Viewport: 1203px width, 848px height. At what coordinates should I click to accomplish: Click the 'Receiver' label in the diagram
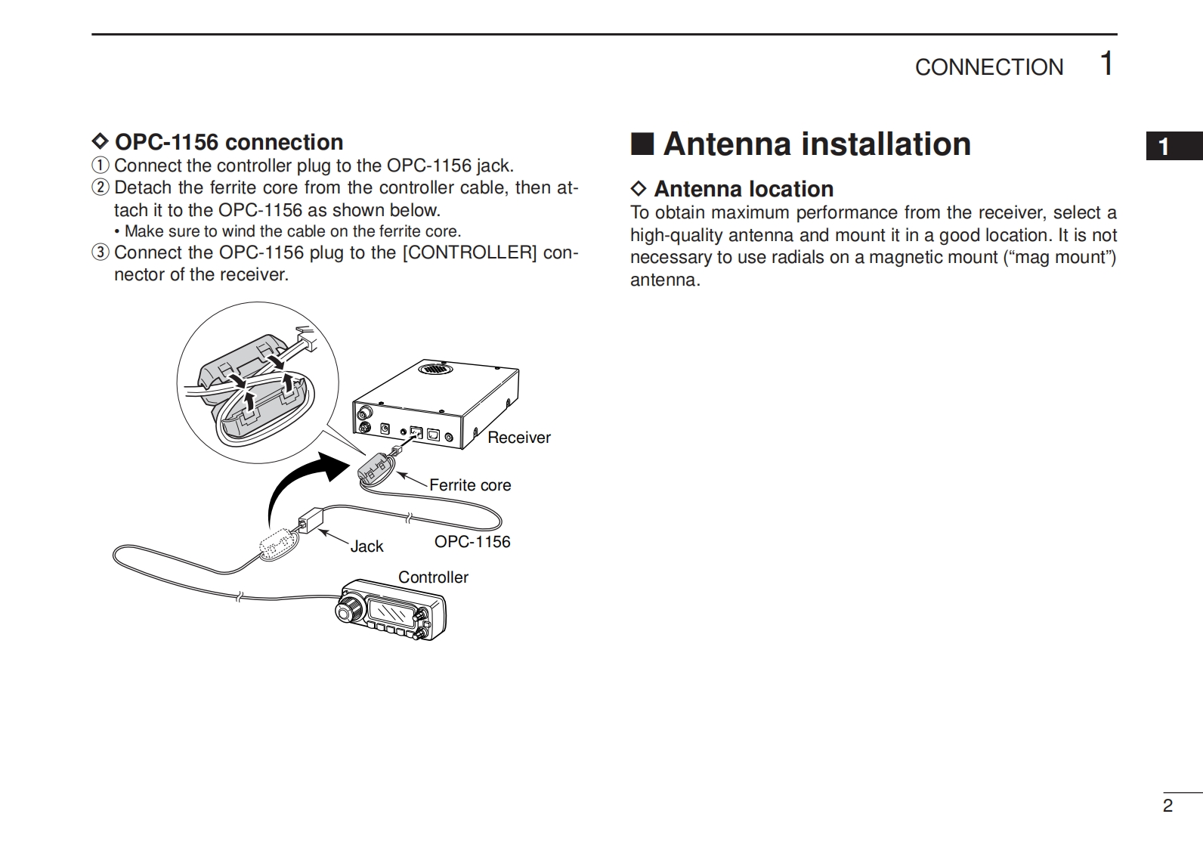[518, 438]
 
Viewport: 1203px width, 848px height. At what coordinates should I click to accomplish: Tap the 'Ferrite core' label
[469, 485]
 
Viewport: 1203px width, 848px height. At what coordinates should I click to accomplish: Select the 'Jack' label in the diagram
[366, 546]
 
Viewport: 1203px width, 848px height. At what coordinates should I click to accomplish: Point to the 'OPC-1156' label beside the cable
[472, 542]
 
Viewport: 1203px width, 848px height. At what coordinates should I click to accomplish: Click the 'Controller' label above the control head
[433, 577]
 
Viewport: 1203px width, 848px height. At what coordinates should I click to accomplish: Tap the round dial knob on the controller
[349, 608]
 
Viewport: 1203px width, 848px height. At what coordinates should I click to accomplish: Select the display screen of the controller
[391, 608]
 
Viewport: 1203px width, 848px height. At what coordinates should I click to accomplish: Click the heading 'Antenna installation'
[816, 144]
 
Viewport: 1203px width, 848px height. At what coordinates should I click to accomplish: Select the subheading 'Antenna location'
[743, 189]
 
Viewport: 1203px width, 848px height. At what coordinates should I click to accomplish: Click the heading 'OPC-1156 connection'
[228, 142]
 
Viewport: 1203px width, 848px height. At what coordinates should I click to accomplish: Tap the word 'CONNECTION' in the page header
[988, 67]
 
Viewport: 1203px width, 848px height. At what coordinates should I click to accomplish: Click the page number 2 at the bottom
[1167, 806]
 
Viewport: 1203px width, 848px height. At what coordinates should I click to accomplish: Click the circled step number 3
[101, 252]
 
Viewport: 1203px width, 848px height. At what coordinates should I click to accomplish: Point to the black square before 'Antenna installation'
[642, 144]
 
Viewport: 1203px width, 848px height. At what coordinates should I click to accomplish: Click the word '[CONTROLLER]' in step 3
[469, 252]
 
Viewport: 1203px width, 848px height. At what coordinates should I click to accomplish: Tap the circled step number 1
[101, 166]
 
